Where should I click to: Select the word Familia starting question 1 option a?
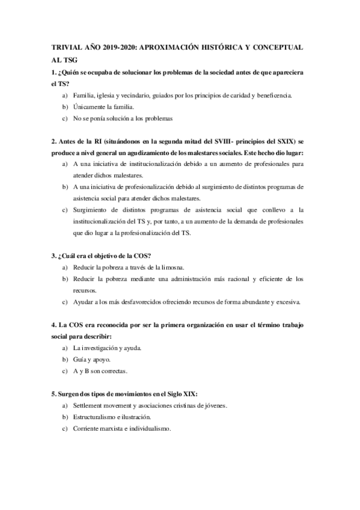(83, 95)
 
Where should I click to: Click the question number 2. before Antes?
(55, 141)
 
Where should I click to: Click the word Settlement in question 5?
(90, 406)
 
